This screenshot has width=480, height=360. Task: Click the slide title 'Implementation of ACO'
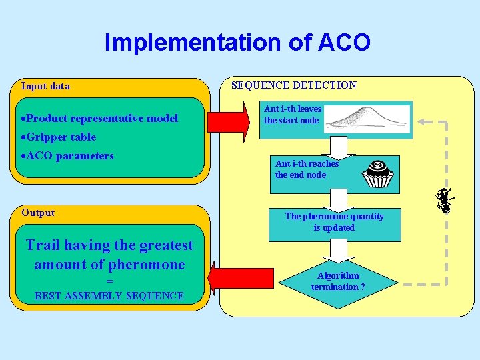pyautogui.click(x=237, y=43)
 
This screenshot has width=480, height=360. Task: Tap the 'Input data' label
pyautogui.click(x=45, y=85)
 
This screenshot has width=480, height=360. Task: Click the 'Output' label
pyautogui.click(x=38, y=213)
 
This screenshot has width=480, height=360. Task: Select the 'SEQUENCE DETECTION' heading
pyautogui.click(x=293, y=85)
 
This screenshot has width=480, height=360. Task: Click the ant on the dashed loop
pyautogui.click(x=445, y=200)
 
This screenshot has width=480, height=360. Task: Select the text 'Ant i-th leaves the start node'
pyautogui.click(x=293, y=115)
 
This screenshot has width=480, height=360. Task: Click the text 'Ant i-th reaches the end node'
pyautogui.click(x=307, y=169)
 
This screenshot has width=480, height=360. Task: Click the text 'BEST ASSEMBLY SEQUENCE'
pyautogui.click(x=109, y=295)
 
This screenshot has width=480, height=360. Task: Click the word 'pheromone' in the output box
pyautogui.click(x=142, y=265)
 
